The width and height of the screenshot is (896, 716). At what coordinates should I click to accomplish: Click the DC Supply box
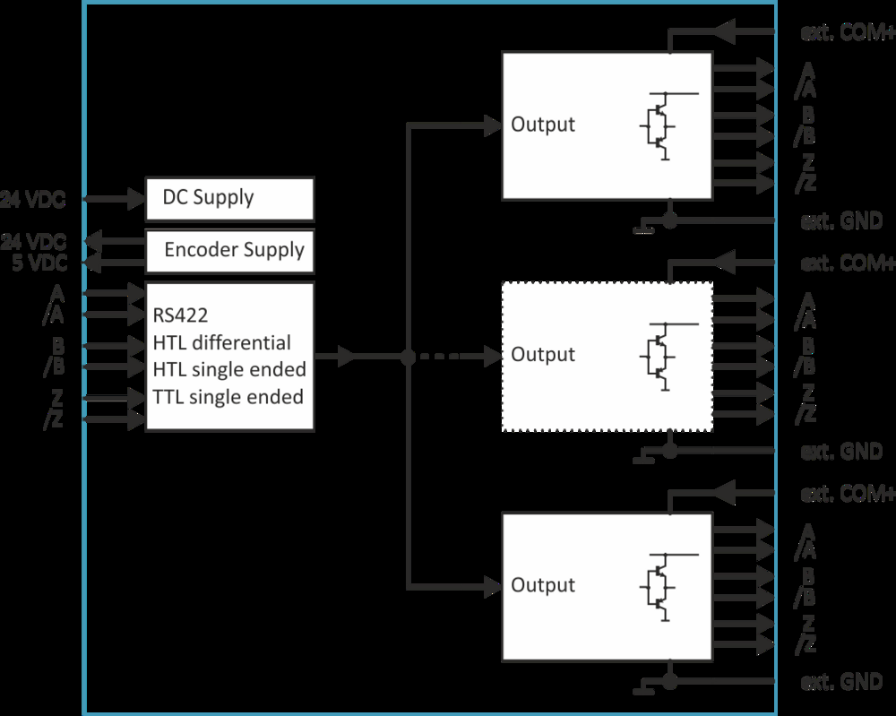pos(229,198)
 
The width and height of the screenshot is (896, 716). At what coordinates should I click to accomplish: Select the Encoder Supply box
pos(229,250)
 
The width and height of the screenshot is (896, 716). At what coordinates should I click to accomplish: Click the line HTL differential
pos(222,342)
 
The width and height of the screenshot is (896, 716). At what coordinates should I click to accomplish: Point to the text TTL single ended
pos(228,396)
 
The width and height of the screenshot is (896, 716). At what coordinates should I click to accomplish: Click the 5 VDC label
pos(40,263)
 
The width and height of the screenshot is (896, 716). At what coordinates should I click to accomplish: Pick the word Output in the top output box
pos(543,125)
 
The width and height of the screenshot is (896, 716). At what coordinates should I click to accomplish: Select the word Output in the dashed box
pos(543,355)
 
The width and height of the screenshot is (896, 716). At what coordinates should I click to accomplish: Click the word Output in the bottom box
pos(543,585)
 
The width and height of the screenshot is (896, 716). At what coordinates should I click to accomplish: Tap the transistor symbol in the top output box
pos(661,125)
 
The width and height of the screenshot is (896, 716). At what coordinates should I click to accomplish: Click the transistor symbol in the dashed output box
pos(661,356)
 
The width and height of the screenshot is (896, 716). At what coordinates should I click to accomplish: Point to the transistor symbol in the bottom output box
pos(661,586)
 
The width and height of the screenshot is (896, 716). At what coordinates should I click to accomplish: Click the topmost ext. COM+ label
pos(846,33)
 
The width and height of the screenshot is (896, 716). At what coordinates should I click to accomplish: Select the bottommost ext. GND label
pos(841,682)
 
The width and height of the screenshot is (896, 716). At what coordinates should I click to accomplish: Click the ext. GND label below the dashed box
pos(841,452)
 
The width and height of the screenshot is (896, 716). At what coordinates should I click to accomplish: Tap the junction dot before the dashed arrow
pos(408,357)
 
